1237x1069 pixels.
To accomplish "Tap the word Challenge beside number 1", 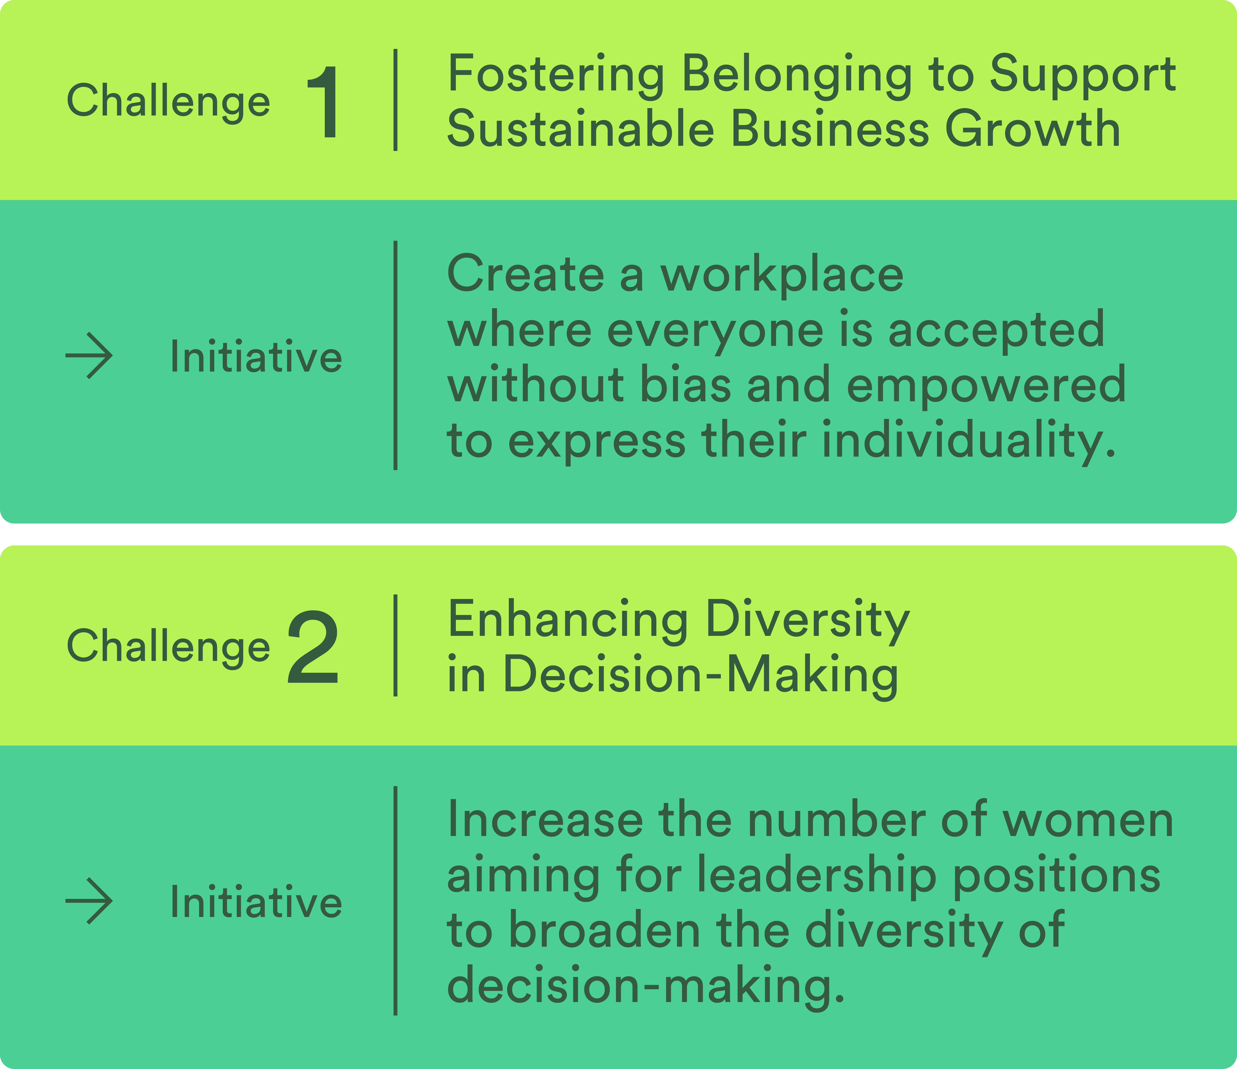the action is [168, 101].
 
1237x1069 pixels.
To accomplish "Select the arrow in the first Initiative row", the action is [89, 356].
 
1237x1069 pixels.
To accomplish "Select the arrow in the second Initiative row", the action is [89, 901].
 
